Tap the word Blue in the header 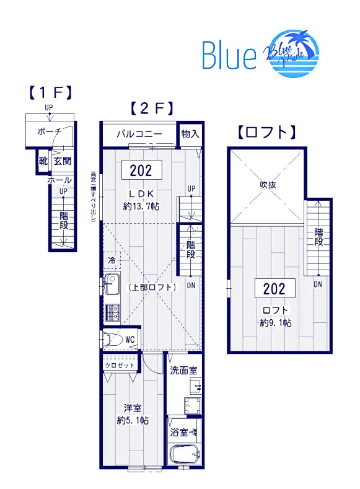229,55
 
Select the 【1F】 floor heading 50,94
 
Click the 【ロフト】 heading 266,132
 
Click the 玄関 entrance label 62,161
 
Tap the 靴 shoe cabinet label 43,161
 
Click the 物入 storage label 190,133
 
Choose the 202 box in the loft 274,288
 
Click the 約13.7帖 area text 141,206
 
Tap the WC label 130,339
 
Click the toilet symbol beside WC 113,340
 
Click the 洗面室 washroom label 183,370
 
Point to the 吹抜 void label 268,185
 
